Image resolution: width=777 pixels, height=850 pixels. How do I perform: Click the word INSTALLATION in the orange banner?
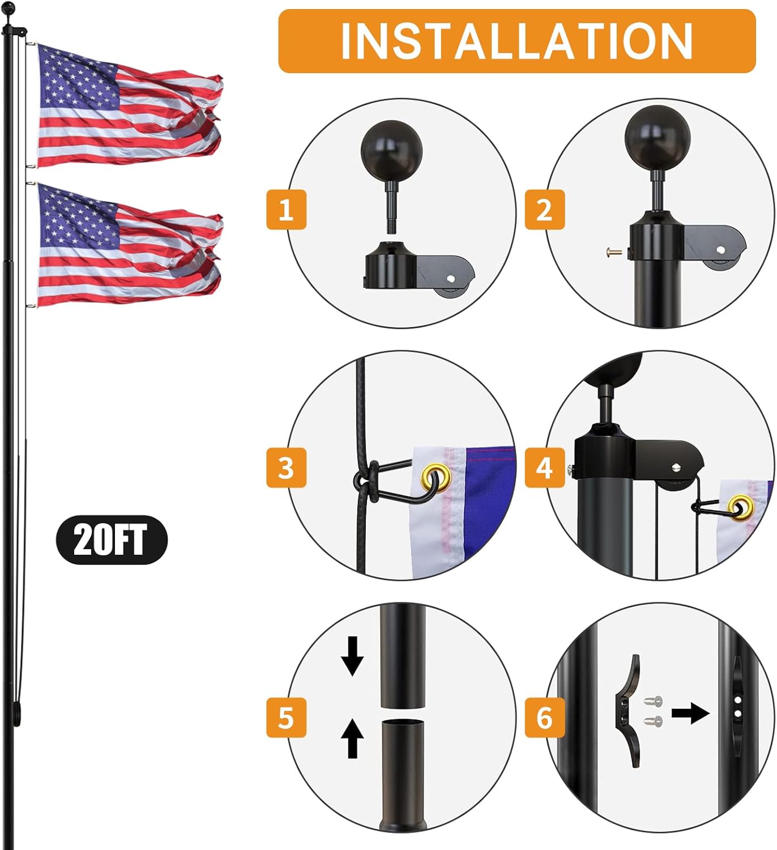point(516,41)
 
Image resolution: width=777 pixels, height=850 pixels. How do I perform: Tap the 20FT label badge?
point(112,539)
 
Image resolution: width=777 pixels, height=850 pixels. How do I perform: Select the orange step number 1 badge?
point(286,210)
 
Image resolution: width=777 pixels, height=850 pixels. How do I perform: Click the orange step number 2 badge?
point(544,210)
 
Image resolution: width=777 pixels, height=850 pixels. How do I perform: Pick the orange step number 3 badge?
point(286,467)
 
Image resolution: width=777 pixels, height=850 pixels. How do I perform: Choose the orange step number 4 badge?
point(544,467)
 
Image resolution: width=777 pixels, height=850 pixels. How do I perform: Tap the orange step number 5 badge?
point(286,717)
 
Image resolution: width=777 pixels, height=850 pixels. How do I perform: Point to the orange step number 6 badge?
point(544,717)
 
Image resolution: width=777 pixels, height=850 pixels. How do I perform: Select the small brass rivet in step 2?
point(613,252)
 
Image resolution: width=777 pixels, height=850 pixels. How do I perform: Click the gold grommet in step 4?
point(741,508)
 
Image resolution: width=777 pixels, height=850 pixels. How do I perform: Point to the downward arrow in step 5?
point(352,656)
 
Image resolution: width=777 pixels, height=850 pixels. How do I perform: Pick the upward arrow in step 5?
point(352,738)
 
